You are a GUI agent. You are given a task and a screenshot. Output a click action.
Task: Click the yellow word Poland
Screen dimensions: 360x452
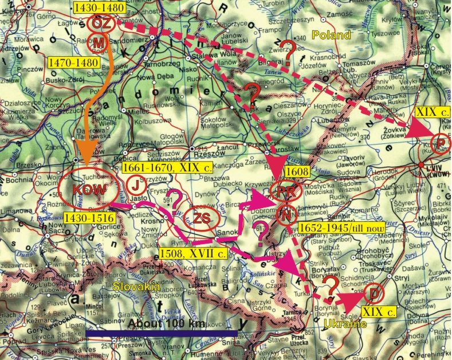point(331,36)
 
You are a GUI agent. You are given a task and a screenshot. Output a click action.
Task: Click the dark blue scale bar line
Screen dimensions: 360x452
point(161,332)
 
